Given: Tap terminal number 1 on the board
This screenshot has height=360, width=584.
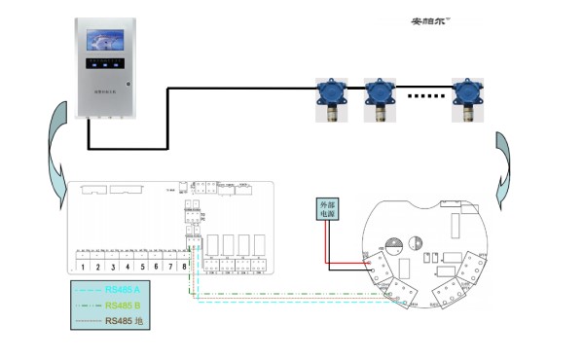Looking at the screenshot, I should point(84,266).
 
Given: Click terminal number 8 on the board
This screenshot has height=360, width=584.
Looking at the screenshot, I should point(185,266).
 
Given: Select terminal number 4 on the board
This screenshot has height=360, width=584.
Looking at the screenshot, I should point(128,266).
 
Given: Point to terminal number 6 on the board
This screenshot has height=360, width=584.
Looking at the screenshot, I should point(157,266).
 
